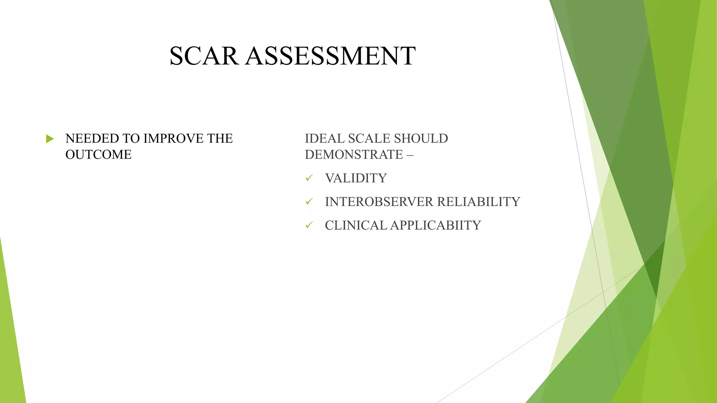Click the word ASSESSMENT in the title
pyautogui.click(x=330, y=56)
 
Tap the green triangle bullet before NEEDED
pyautogui.click(x=50, y=139)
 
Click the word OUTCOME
pyautogui.click(x=98, y=155)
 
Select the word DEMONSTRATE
pyautogui.click(x=354, y=155)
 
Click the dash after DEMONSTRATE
pyautogui.click(x=410, y=155)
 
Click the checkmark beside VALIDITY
pyautogui.click(x=309, y=178)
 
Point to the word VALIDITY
pyautogui.click(x=356, y=178)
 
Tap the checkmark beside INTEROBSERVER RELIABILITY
pyautogui.click(x=309, y=201)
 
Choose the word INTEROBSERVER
pyautogui.click(x=379, y=202)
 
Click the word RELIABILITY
pyautogui.click(x=479, y=202)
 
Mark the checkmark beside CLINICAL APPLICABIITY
pyautogui.click(x=309, y=225)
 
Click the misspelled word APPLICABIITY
pyautogui.click(x=436, y=225)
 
